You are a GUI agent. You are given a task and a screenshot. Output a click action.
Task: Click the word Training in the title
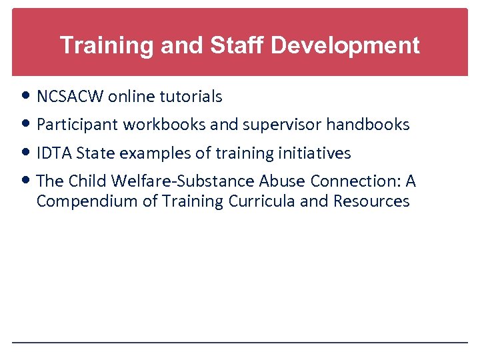[x=99, y=46]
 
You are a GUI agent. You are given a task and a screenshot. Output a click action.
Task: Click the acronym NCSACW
[x=71, y=97]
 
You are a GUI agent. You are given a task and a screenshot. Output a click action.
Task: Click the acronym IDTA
[x=54, y=153]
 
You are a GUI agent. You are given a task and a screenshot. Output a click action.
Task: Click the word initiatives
[x=313, y=153]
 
